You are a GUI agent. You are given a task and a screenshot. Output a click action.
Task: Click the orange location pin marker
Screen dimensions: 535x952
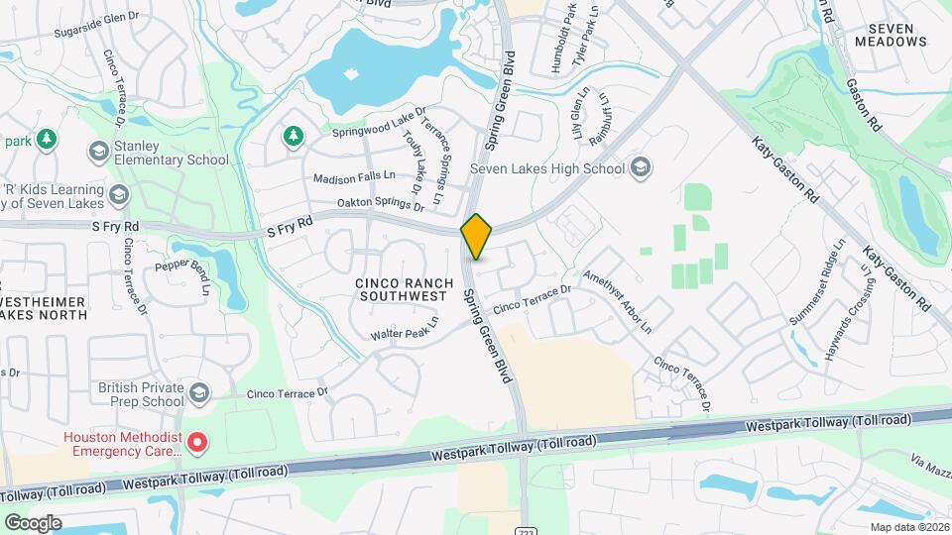coord(477,237)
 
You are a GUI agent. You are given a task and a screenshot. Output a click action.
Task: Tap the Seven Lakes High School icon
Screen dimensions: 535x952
coord(641,167)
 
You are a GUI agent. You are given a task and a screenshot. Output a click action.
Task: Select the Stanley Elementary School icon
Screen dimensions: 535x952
coord(98,151)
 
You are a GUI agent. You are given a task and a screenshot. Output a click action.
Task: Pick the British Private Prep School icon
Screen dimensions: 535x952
coord(199,394)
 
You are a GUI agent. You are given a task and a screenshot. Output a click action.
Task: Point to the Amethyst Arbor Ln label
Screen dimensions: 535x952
coord(617,300)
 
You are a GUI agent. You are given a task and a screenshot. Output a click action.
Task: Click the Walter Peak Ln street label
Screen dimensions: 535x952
coord(405,331)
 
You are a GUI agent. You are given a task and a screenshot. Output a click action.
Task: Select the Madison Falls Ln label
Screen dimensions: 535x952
coord(354,178)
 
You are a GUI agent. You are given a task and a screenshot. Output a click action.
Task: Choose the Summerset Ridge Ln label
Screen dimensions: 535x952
coord(816,281)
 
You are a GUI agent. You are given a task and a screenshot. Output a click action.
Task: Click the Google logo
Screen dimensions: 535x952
coord(33,523)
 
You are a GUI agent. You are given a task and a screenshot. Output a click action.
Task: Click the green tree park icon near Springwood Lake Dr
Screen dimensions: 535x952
coord(293,136)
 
